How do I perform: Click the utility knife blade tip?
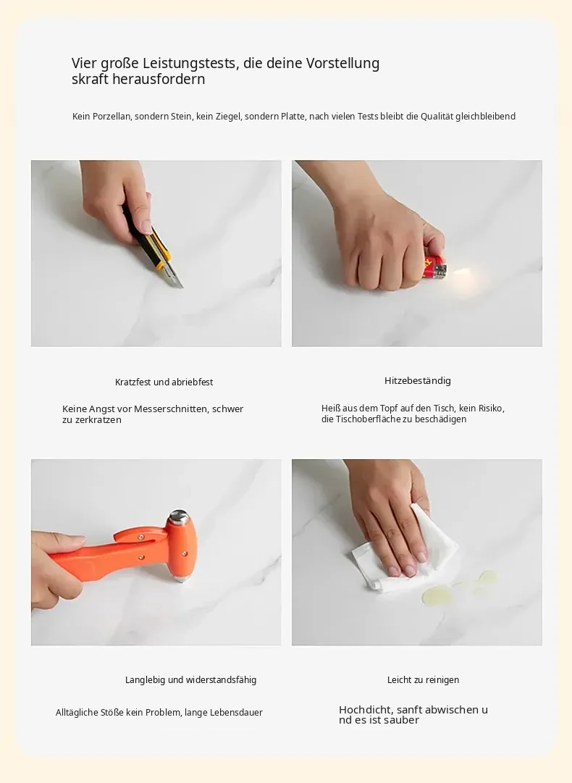(182, 288)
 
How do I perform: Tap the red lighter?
(435, 267)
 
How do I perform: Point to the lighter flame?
(462, 272)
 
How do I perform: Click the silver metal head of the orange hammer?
(179, 517)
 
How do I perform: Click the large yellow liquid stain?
(432, 595)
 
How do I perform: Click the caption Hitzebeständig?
(417, 380)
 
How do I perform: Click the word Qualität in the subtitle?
(436, 117)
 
